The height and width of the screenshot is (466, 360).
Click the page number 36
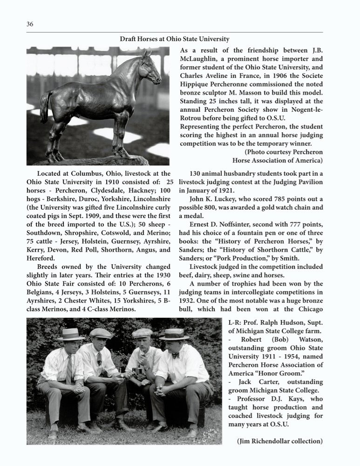[30, 24]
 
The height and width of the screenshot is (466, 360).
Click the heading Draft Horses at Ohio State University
[174, 39]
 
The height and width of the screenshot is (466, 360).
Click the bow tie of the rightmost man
[175, 355]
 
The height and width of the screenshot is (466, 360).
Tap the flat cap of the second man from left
[101, 333]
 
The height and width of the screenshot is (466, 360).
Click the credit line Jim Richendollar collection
[279, 441]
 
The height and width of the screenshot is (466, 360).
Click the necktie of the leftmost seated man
[69, 368]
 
